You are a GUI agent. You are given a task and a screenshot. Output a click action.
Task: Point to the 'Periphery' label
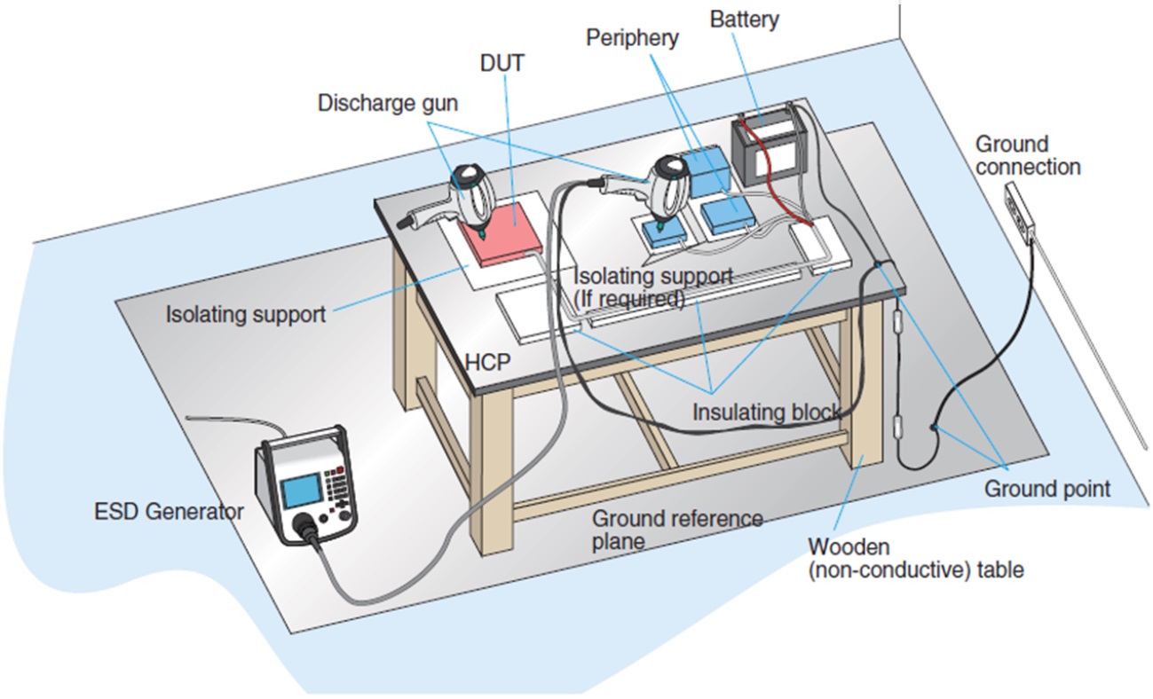632,38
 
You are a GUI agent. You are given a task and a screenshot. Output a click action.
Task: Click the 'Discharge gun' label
388,103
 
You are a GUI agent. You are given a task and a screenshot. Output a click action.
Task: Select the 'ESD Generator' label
168,512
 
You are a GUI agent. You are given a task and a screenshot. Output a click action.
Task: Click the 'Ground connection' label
1027,155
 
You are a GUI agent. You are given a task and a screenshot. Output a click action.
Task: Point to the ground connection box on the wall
1019,214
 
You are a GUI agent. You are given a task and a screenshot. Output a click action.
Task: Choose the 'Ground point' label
1047,488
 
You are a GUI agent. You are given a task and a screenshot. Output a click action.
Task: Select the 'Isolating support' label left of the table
246,313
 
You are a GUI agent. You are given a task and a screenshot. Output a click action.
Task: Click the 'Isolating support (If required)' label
653,287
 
